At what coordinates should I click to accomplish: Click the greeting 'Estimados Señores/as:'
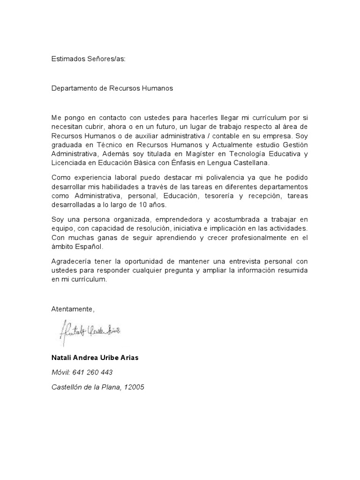89,60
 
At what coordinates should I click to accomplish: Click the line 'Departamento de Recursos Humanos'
112,88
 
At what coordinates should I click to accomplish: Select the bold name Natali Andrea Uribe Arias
95,358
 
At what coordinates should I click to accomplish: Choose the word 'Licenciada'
68,162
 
